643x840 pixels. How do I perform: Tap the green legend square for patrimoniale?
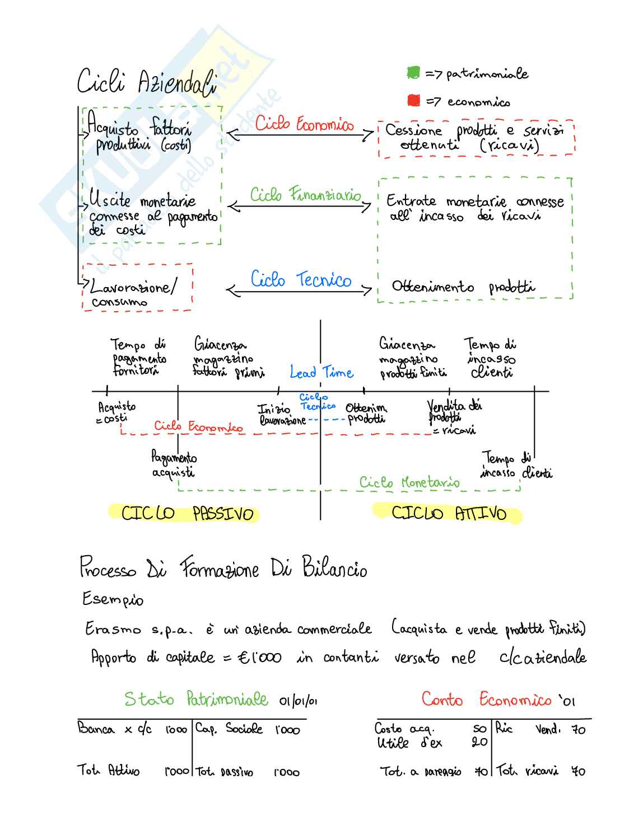413,73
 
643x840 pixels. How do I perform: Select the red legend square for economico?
414,101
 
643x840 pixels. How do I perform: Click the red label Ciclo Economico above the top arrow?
304,124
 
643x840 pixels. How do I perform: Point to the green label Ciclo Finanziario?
305,195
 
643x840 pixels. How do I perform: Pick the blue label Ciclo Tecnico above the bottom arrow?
301,279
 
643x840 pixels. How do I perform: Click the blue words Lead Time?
321,372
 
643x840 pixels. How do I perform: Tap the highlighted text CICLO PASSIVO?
187,513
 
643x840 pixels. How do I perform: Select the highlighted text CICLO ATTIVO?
448,513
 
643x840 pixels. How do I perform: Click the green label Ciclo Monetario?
409,482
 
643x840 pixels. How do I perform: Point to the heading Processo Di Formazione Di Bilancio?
223,568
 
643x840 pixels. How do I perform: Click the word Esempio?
113,599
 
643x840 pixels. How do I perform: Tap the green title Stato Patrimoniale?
196,699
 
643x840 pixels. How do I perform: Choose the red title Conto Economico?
487,700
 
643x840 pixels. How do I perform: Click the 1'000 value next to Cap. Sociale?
287,730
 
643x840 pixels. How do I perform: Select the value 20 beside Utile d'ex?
479,742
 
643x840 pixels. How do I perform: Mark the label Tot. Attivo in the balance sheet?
108,771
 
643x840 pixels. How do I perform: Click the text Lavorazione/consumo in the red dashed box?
133,293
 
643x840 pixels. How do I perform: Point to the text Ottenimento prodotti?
463,287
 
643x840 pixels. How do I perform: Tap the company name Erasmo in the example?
113,629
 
